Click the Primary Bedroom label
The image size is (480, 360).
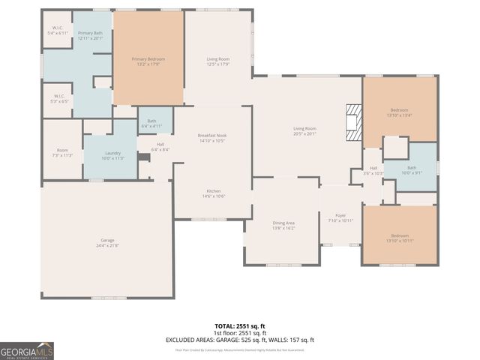(148, 61)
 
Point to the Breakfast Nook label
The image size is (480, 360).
(213, 138)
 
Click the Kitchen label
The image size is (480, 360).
(214, 193)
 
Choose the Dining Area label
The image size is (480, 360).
(283, 225)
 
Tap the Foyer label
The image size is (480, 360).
(340, 218)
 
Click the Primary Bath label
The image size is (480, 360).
(91, 36)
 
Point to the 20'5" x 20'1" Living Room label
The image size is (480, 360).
(304, 131)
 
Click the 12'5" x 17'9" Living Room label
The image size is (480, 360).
(218, 61)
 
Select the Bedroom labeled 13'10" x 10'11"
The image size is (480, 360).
(399, 238)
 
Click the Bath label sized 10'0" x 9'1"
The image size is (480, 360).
(411, 170)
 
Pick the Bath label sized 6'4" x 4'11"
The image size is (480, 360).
(152, 123)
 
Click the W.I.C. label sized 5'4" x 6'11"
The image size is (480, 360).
(58, 31)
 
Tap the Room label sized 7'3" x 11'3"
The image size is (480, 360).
(62, 152)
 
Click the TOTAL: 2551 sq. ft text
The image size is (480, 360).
(239, 326)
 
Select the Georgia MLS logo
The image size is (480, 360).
(27, 350)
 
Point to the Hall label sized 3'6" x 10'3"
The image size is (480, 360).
(373, 170)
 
